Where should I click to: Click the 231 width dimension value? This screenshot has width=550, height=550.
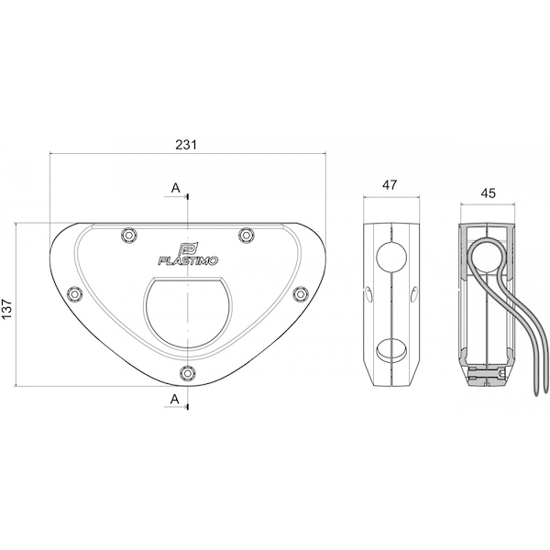point(186,145)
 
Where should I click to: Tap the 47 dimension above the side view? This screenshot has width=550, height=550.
point(390,185)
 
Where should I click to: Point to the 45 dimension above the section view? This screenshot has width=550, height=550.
point(489,192)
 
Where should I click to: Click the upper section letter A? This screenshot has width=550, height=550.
point(175,188)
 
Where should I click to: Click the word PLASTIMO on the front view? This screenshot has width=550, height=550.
point(188,260)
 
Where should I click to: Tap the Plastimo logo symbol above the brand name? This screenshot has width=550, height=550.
point(186,248)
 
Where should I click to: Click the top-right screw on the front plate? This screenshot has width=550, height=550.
point(246,234)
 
